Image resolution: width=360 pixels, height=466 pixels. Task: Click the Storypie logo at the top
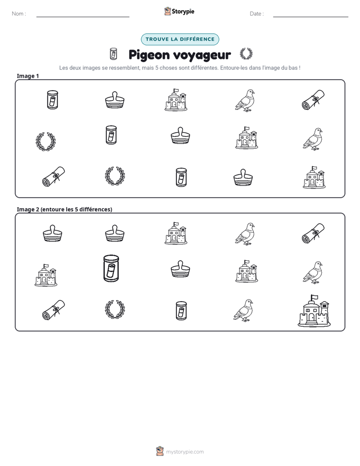coord(179,11)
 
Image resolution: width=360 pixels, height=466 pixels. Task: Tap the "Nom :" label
coord(19,14)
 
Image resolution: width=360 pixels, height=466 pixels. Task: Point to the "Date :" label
coord(257,14)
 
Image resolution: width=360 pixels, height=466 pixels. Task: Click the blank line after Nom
coord(83,17)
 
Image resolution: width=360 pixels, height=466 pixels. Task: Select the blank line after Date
coord(311,17)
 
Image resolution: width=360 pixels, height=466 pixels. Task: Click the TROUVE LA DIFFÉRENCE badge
coord(180,39)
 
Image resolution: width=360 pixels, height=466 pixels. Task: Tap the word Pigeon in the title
coord(149,55)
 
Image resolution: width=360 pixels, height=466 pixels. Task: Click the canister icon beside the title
coord(113,54)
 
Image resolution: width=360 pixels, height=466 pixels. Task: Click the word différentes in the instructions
coord(204,68)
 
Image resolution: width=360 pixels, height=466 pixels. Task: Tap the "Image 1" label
coord(28,76)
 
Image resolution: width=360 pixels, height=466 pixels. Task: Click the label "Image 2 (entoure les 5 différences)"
coord(65,209)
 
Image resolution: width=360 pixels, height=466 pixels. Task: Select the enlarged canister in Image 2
coord(111,268)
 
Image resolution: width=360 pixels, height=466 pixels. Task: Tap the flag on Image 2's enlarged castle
coord(314,297)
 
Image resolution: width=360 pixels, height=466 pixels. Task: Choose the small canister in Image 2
coord(181,311)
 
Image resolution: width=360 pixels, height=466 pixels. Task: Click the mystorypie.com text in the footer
coord(185,452)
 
